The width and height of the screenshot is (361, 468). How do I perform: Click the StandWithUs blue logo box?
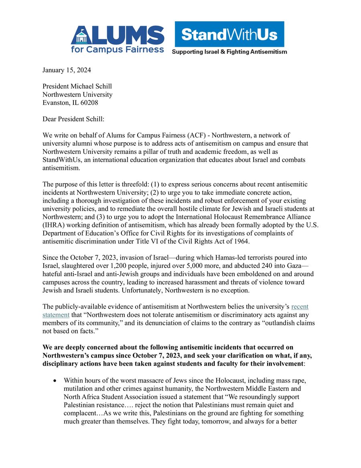229,35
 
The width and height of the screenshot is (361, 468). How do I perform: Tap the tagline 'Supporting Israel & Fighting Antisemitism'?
229,52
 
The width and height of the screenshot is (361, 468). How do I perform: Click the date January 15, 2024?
67,70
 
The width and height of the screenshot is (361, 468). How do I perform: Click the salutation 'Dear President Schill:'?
73,119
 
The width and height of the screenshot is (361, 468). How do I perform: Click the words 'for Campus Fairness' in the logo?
117,49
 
